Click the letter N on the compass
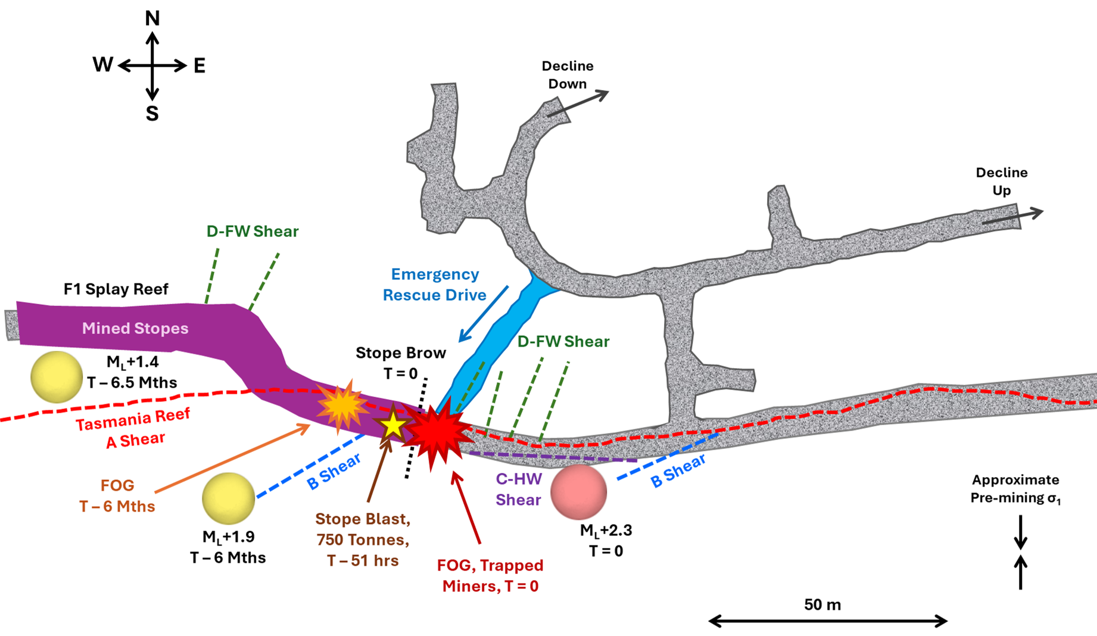(152, 18)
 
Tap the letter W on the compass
(102, 65)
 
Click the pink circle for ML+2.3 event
(578, 492)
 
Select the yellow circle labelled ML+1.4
(57, 377)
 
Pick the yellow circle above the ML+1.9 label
(228, 498)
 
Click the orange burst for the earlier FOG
(341, 406)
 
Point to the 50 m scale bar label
(822, 605)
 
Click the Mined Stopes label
(135, 328)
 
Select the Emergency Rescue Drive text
(435, 285)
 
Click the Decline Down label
(568, 75)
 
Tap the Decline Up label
(1001, 182)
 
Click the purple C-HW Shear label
(519, 489)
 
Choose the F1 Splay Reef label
(116, 289)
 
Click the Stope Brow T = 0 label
(401, 363)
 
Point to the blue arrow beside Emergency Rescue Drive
(483, 314)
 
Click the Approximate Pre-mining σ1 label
(1015, 489)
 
